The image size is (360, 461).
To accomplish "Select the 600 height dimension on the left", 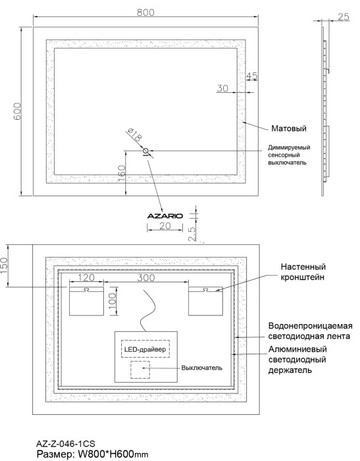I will [x=18, y=111].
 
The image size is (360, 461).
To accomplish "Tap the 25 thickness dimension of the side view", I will [x=342, y=18].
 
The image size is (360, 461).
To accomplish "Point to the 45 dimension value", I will [x=251, y=76].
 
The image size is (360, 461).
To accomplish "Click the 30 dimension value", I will [x=222, y=88].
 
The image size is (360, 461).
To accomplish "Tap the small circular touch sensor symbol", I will [x=146, y=151].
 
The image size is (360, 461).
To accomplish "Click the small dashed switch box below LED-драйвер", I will [x=140, y=369].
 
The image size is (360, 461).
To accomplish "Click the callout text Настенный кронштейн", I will [x=304, y=273].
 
